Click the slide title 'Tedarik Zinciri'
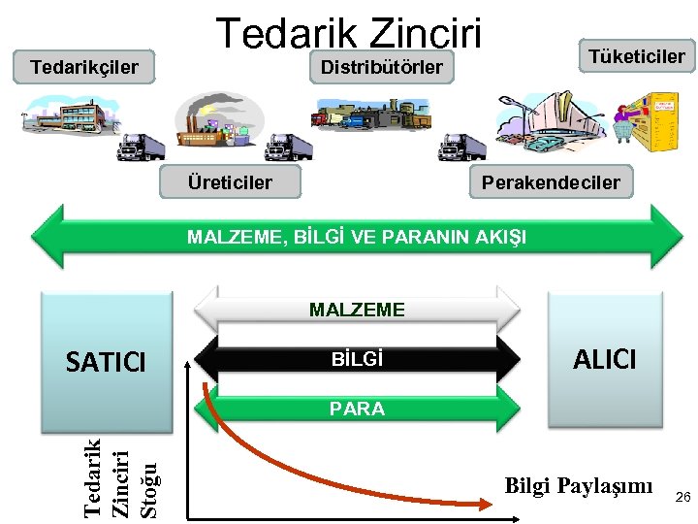click(348, 32)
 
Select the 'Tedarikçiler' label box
click(84, 69)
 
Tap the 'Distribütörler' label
click(381, 68)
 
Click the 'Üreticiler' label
click(230, 181)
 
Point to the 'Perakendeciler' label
click(551, 181)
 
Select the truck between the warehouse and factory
click(141, 147)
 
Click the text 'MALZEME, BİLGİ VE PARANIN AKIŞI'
click(357, 237)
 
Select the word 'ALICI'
click(605, 360)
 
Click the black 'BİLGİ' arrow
click(357, 360)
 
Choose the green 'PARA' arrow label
click(357, 409)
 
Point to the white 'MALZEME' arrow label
click(357, 311)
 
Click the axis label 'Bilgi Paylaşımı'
click(578, 485)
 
